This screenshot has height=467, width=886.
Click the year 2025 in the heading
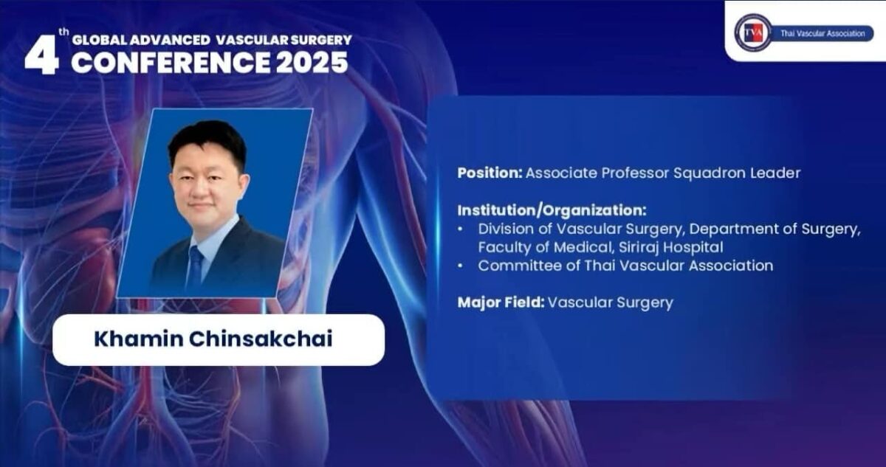[x=312, y=63]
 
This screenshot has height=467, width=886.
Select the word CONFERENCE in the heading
[x=171, y=63]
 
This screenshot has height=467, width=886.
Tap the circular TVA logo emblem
[x=752, y=33]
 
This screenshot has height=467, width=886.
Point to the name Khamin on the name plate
[x=136, y=339]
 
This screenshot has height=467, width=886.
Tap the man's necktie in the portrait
[x=196, y=267]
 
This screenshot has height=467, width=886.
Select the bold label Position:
[x=490, y=173]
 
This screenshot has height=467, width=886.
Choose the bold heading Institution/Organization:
[x=552, y=210]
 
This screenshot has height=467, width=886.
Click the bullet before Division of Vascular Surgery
[x=461, y=229]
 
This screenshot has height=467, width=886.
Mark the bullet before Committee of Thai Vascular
[x=461, y=266]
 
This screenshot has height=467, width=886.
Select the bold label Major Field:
[x=501, y=302]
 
